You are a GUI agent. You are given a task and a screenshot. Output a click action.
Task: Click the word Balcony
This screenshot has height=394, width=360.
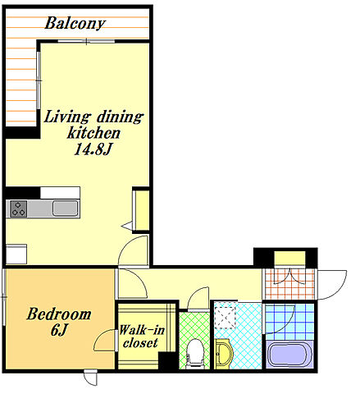75,23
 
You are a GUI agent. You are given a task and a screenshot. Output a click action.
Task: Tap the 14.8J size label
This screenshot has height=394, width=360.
93,149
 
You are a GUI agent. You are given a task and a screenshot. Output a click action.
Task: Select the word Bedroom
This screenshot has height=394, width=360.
59,314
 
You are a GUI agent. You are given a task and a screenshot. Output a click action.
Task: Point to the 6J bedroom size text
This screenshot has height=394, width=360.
58,330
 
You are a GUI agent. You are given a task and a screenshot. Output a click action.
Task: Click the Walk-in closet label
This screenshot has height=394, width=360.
142,337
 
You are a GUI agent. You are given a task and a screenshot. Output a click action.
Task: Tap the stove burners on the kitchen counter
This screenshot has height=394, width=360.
19,208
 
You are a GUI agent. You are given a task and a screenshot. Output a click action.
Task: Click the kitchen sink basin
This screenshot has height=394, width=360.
65,208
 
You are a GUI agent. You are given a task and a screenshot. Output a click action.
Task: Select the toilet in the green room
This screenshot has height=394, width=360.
194,354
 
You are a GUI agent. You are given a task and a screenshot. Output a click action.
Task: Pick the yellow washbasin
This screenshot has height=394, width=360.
224,353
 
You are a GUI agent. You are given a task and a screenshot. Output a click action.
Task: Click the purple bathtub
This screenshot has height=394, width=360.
289,355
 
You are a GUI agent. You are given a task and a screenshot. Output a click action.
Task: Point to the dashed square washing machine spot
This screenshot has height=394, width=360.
225,317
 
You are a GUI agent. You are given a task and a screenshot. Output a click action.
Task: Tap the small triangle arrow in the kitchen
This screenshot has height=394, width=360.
127,226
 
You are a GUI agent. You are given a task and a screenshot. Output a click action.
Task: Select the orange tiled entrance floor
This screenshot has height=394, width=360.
289,284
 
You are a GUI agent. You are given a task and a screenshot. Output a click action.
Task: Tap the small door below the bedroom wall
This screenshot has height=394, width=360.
90,378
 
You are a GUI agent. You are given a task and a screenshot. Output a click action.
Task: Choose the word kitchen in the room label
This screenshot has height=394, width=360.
93,133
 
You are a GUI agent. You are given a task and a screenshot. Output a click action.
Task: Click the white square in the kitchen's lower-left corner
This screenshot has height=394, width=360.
16,254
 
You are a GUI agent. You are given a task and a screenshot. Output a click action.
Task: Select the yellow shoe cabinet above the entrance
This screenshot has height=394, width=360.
289,258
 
